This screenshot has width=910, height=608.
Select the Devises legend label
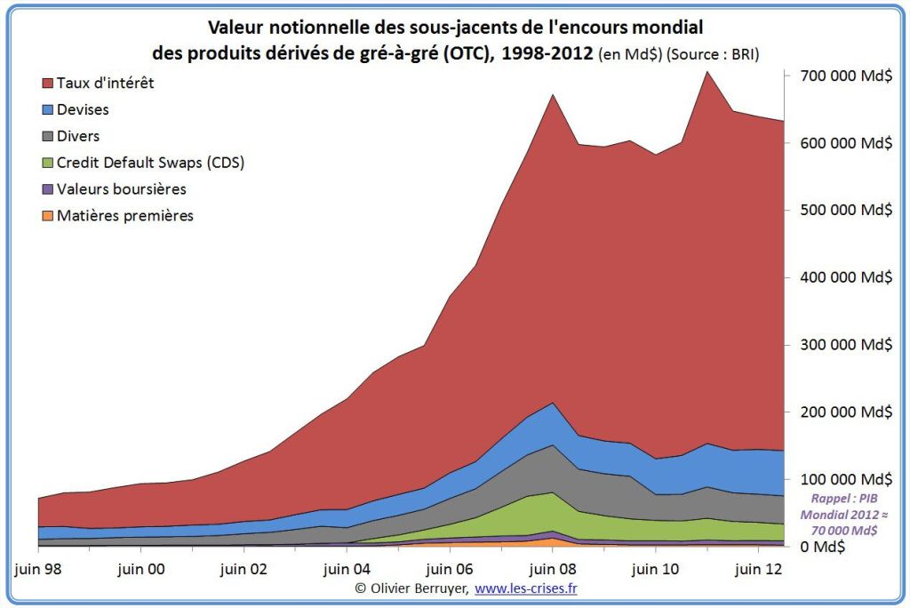pos(83,109)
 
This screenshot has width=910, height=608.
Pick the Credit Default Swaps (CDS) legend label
pos(150,163)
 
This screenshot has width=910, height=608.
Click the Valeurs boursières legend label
pos(122,189)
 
